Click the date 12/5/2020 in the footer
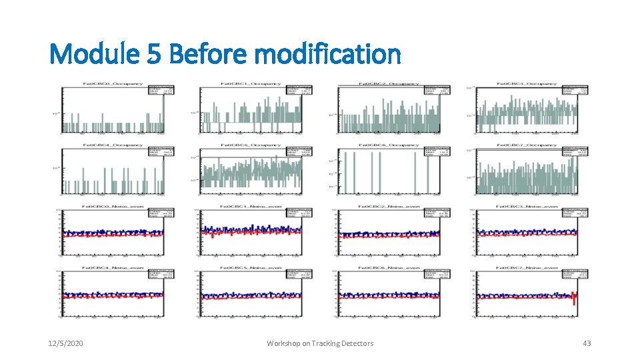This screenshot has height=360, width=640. click(x=65, y=343)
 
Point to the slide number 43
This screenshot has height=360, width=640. click(x=587, y=343)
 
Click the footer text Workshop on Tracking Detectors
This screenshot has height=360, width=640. click(x=320, y=343)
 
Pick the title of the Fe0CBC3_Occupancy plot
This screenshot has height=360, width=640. click(x=527, y=83)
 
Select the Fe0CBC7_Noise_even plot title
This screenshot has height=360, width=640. click(x=527, y=268)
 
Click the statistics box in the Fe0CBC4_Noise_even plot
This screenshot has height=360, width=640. click(x=162, y=275)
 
